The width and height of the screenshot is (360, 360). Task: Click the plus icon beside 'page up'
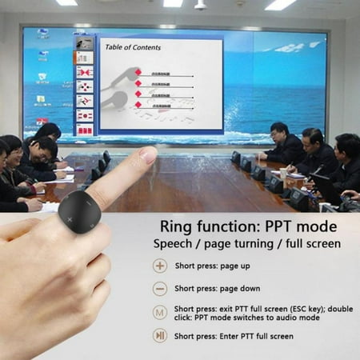[x=160, y=266]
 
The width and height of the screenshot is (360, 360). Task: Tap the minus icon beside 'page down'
[x=160, y=289]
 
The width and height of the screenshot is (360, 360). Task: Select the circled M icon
[x=160, y=312]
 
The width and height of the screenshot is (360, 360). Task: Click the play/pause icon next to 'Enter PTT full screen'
[x=160, y=336]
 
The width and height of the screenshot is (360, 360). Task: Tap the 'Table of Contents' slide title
[x=133, y=47]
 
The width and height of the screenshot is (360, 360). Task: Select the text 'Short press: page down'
[x=216, y=289]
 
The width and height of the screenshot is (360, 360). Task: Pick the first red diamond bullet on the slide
[x=138, y=73]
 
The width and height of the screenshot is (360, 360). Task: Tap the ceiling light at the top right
[x=280, y=5]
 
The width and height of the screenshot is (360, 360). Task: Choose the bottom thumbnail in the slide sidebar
[x=84, y=128]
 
